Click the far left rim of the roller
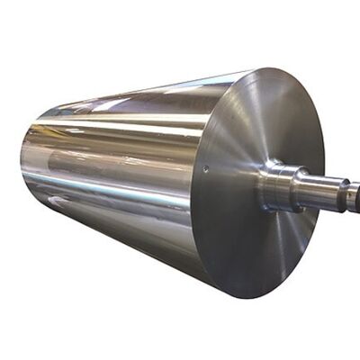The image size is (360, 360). (22, 166)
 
